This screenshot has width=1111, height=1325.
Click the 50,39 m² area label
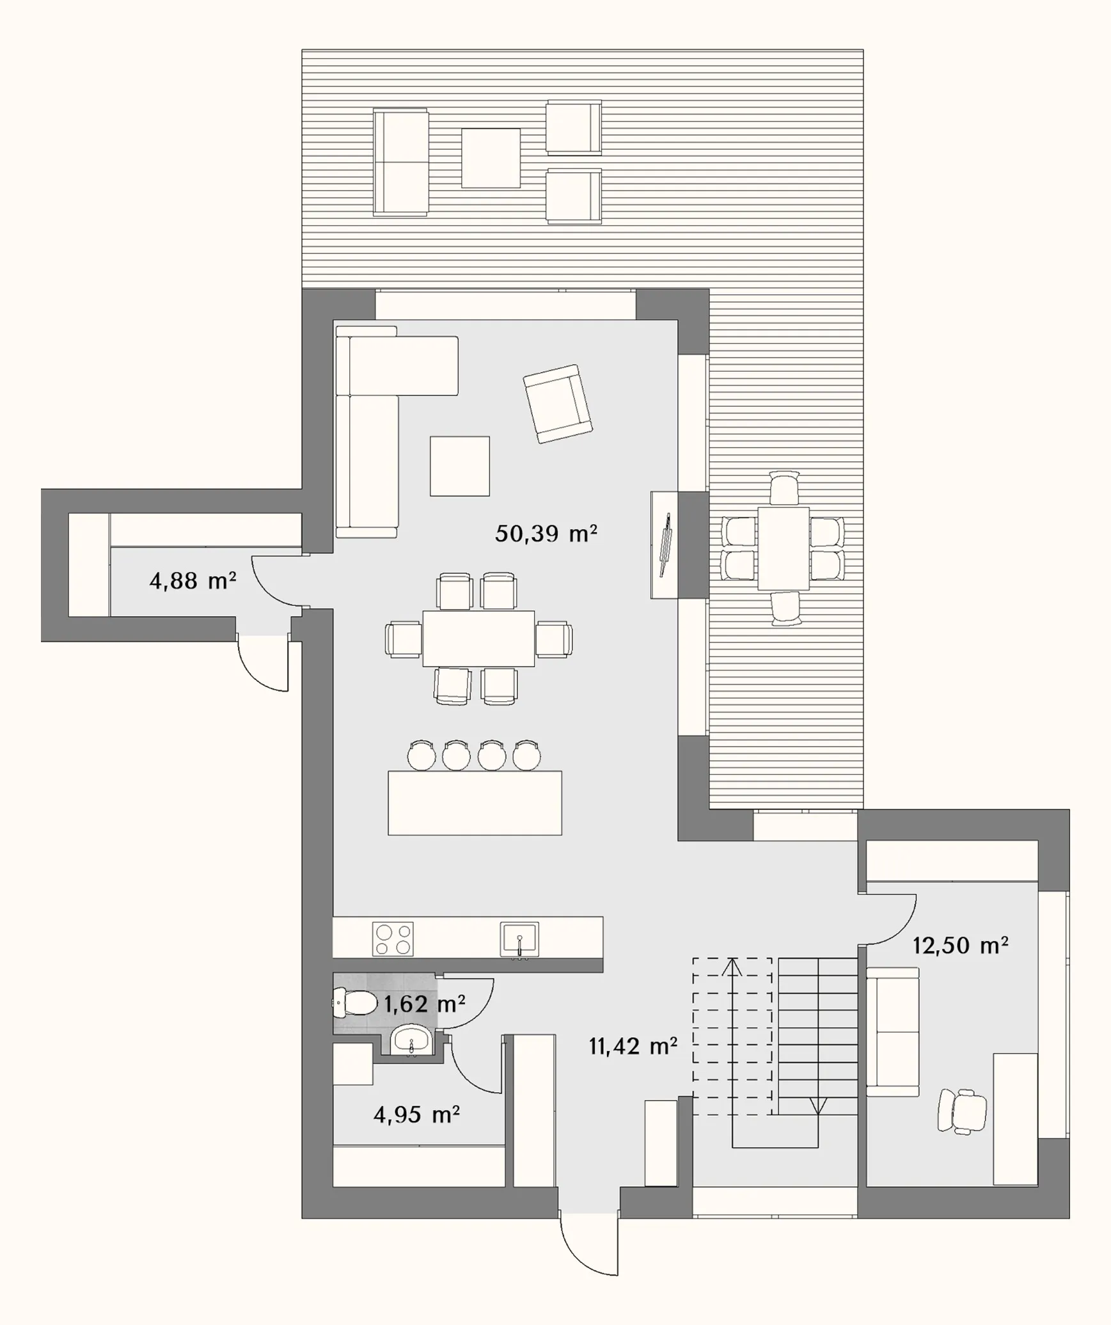(x=546, y=533)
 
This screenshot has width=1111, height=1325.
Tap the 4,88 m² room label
(x=193, y=581)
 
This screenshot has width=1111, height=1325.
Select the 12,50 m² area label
(x=960, y=945)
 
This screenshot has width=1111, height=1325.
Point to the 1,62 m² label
(x=424, y=1004)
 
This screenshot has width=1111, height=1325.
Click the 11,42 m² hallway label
(x=633, y=1047)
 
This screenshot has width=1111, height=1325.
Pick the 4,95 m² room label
(x=416, y=1115)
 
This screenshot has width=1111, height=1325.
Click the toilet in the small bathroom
(x=355, y=1003)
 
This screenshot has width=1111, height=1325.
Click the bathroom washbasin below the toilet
(x=412, y=1040)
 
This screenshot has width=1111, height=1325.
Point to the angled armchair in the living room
(x=558, y=404)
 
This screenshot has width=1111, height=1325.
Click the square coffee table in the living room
(x=460, y=466)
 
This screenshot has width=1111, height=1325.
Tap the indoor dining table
(x=478, y=639)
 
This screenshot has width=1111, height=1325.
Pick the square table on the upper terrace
(x=491, y=158)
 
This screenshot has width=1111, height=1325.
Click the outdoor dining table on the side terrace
(x=784, y=548)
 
